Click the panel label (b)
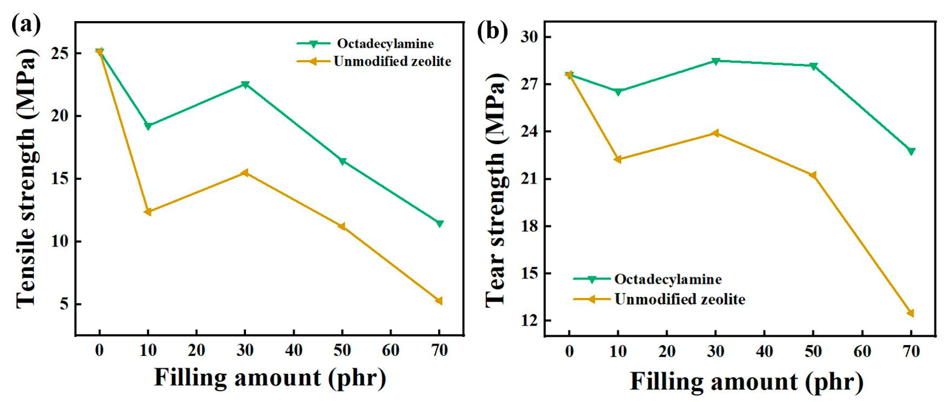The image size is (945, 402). pyautogui.click(x=492, y=32)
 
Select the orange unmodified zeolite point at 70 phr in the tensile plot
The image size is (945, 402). pyautogui.click(x=439, y=301)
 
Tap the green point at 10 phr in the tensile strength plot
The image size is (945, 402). pyautogui.click(x=148, y=126)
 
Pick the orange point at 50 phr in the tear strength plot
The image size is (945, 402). pyautogui.click(x=813, y=175)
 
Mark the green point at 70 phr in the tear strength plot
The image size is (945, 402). pyautogui.click(x=911, y=151)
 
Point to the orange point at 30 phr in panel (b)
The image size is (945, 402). pyautogui.click(x=715, y=133)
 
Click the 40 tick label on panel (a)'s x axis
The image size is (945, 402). pyautogui.click(x=294, y=350)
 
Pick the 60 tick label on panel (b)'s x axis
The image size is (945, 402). pyautogui.click(x=862, y=351)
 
